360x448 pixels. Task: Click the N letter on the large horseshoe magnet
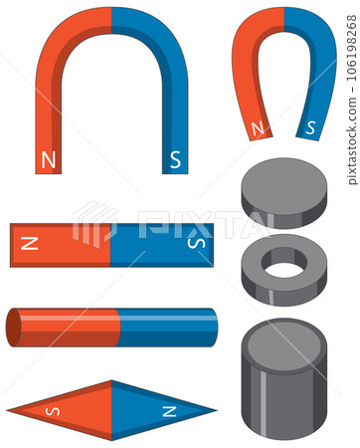pos(49,158)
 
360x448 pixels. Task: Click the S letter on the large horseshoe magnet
pos(175,158)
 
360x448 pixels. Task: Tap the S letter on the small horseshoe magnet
pos(310,127)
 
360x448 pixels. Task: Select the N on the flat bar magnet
pos(30,243)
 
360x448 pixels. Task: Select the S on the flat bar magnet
pos(196,243)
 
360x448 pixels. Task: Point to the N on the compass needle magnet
pos(169,410)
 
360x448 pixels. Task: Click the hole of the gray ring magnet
pos(284,268)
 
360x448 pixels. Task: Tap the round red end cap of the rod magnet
pos(13,328)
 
